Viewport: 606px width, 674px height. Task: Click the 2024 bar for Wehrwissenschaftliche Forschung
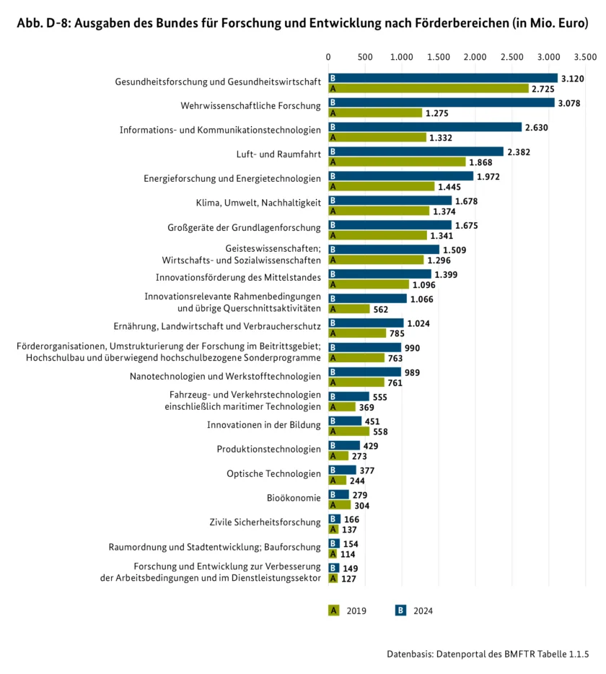tap(442, 102)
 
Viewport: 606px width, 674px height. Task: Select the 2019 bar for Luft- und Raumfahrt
tap(397, 162)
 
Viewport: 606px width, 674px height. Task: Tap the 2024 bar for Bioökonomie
tap(338, 495)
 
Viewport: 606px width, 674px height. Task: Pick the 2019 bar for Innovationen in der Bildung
tap(349, 432)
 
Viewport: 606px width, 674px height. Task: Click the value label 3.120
tap(573, 79)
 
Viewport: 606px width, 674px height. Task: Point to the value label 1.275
tap(436, 113)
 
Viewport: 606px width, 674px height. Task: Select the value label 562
tap(381, 310)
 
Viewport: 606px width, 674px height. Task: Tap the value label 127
tap(348, 579)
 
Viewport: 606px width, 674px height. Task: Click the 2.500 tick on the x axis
tap(512, 57)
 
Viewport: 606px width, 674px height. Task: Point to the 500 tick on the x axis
tap(365, 57)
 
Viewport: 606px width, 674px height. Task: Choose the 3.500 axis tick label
tap(585, 57)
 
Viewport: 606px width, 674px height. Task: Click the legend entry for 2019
tap(347, 610)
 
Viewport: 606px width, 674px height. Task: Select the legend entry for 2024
tap(414, 610)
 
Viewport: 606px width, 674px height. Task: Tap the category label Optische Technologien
tap(273, 473)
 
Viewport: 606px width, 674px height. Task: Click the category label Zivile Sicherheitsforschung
tap(265, 522)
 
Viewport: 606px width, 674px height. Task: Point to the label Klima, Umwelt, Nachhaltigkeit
tap(258, 203)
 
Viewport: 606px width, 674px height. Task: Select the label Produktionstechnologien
tap(268, 449)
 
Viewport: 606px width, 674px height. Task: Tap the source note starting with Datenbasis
tap(488, 655)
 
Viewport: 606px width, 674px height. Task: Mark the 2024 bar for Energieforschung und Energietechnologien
tap(401, 176)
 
